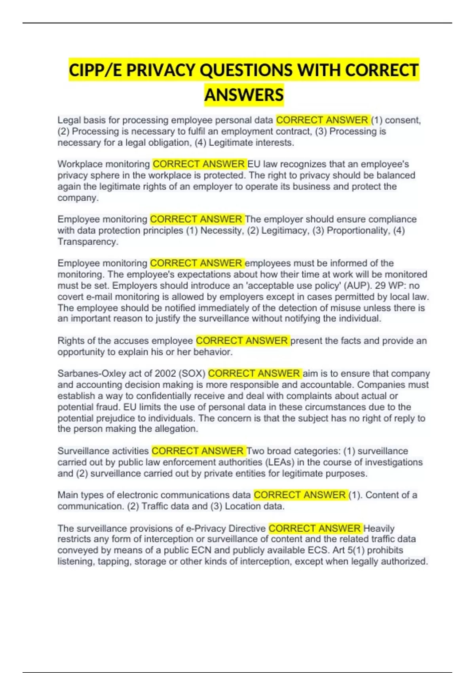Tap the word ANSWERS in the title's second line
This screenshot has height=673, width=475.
pos(244,95)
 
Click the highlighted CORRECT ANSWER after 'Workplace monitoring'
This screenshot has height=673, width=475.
pos(199,164)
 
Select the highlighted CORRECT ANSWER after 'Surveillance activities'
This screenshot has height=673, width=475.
pos(198,451)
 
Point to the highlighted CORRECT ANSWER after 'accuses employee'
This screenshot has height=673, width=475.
pos(242,340)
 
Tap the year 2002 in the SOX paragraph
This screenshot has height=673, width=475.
pos(165,373)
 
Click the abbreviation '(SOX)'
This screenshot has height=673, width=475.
pos(192,373)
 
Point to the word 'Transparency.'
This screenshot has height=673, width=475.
pos(88,241)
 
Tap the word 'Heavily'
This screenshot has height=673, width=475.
pos(379,529)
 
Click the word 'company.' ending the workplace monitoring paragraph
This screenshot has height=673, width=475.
pos(78,198)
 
